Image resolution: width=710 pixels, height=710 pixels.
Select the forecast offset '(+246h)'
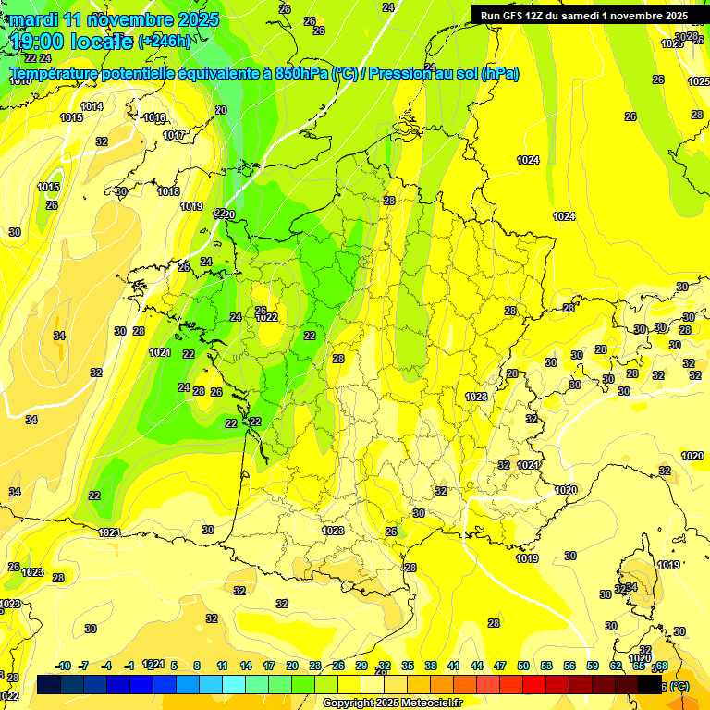tap(165, 41)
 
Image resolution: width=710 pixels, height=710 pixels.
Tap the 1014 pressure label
tap(92, 106)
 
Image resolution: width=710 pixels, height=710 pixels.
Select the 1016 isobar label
tap(154, 117)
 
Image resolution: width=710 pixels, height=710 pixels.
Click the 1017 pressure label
tap(174, 135)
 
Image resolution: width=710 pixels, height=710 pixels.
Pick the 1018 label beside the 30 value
tap(167, 191)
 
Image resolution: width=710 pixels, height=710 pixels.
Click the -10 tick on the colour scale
tap(64, 666)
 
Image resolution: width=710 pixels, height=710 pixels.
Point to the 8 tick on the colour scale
tap(198, 666)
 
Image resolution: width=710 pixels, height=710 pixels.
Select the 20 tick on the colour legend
tap(292, 666)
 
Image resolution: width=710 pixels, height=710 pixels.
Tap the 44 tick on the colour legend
tap(477, 666)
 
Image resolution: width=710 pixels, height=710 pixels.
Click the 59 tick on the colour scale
tap(593, 666)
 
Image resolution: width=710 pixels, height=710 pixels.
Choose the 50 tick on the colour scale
tap(523, 666)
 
